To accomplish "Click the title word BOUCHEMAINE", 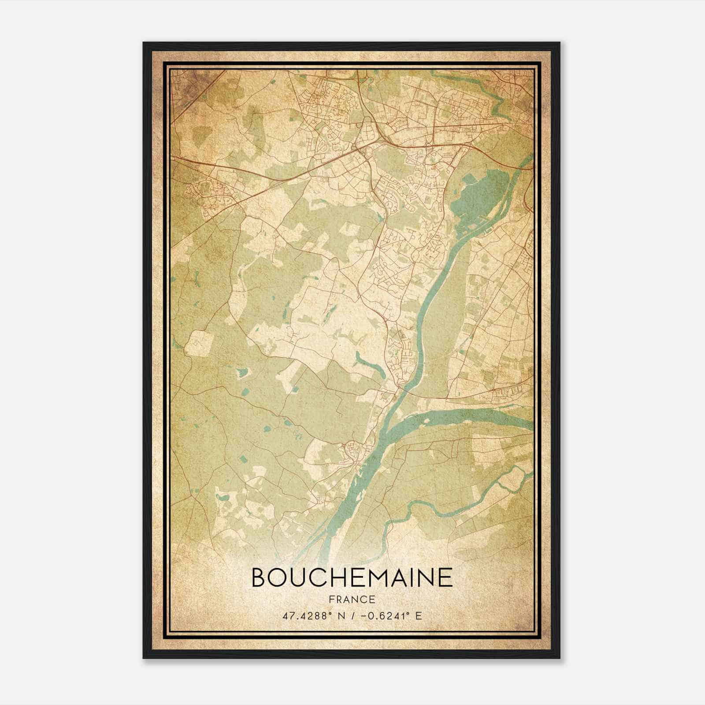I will point(352,577).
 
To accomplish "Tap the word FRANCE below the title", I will point(352,599).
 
